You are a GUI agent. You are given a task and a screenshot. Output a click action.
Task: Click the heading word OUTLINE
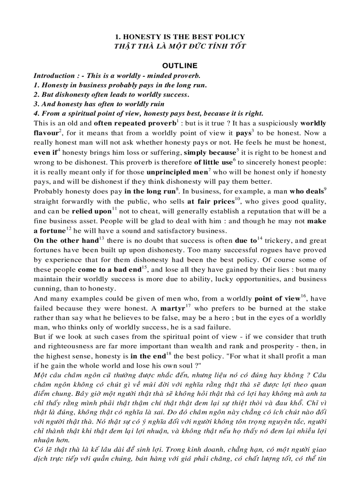click(x=180, y=66)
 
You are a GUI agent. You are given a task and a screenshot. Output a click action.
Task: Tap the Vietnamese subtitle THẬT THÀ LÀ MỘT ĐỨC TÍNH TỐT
click(x=180, y=46)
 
